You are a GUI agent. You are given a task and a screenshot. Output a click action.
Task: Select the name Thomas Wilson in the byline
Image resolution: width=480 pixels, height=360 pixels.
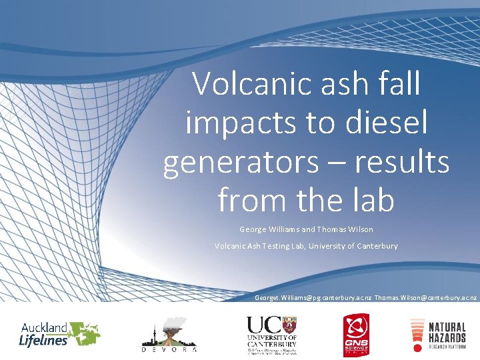[x=345, y=229]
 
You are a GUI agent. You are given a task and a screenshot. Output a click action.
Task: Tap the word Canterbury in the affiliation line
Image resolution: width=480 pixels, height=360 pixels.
[x=369, y=246]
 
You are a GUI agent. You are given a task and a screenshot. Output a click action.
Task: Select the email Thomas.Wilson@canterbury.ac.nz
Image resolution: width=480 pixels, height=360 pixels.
[x=426, y=296]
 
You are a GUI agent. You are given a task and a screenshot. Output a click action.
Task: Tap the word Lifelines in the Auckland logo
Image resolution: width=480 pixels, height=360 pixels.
[x=43, y=340]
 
